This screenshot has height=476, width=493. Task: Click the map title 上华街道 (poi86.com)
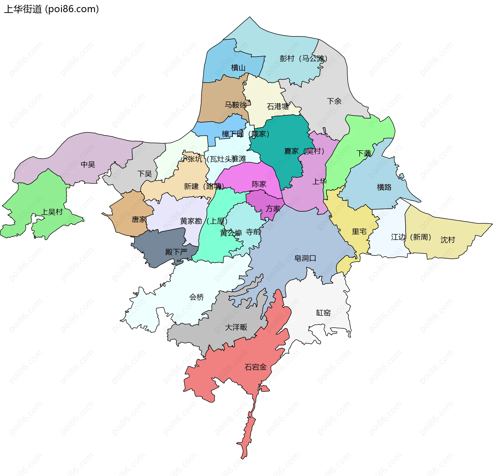[x=51, y=9]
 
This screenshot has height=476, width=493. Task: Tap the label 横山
[x=238, y=68]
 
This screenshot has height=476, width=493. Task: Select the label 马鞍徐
[x=235, y=105]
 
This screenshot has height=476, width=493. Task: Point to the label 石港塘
[x=278, y=106]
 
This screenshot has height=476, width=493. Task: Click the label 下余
[x=334, y=101]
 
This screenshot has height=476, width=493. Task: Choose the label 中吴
[x=88, y=164]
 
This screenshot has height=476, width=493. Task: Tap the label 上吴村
[x=52, y=212]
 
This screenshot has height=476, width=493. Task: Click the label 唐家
[x=139, y=219]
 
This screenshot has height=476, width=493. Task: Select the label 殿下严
[x=176, y=252]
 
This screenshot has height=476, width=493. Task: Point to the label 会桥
[x=196, y=297]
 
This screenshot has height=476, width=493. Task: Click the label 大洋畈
[x=236, y=327]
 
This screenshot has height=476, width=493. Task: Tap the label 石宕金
[x=255, y=367]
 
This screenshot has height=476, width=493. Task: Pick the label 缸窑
[x=323, y=313]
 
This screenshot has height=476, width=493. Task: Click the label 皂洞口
[x=305, y=258]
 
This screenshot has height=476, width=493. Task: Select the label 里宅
[x=359, y=231]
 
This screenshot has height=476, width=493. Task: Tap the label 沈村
[x=448, y=240]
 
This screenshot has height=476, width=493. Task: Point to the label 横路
[x=384, y=187]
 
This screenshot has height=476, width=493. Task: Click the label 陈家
[x=259, y=184]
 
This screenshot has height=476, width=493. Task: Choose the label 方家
[x=273, y=209]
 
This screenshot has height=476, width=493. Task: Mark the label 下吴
[x=145, y=174]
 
